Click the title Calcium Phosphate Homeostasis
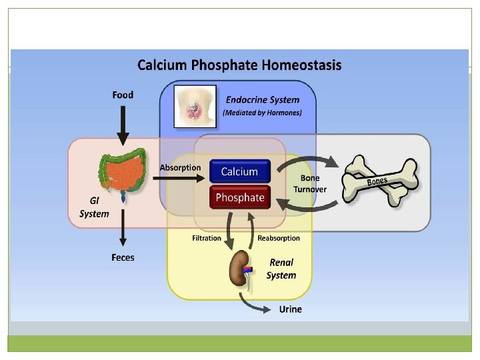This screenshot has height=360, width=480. coord(239,65)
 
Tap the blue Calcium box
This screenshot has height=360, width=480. coord(239,171)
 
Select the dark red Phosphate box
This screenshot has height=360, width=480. coord(239,197)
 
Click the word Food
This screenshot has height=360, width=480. coord(123,95)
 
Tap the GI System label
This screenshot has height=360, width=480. coord(94,207)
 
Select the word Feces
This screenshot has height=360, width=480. coord(123,257)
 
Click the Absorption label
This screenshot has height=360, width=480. coord(180,167)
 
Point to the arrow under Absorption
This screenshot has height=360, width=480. coord(180,179)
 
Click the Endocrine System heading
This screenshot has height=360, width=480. coord(262,100)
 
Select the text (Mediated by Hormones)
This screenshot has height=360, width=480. coord(262,113)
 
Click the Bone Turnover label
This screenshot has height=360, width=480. coord(310,184)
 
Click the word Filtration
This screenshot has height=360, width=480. coord(207,238)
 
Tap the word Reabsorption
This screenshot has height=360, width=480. coord(279,238)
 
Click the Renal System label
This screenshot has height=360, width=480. coord(281,269)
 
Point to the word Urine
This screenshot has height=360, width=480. coord(290,309)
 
